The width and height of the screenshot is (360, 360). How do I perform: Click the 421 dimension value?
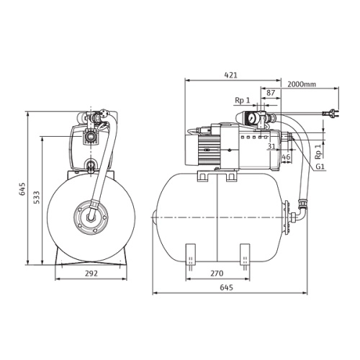(x=230, y=75)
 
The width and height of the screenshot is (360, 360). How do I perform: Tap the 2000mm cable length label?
(x=302, y=84)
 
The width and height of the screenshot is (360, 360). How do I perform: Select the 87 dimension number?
(x=271, y=93)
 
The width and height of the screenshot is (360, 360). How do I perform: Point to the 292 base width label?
(x=91, y=273)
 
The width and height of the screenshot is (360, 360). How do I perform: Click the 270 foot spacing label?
(x=217, y=273)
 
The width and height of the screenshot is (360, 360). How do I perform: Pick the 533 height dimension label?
(x=37, y=197)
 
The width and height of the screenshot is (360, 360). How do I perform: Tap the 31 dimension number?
(x=271, y=146)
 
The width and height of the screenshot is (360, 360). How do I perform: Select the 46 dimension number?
(x=286, y=157)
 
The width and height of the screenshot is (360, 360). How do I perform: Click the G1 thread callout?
(x=320, y=166)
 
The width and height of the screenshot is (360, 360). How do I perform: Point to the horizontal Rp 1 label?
(x=243, y=100)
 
